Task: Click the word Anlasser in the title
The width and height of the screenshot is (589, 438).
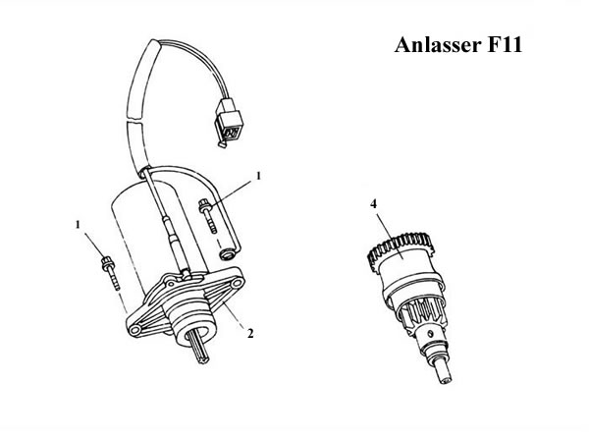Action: point(438,45)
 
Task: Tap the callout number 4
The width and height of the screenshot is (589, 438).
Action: point(373,204)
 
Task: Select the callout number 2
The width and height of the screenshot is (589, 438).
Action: point(250,333)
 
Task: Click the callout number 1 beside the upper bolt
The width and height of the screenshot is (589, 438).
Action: point(258,176)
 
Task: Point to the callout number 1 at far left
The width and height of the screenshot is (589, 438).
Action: point(78,225)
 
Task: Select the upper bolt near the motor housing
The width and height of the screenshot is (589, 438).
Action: point(207,216)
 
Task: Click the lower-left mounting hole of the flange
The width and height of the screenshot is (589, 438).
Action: point(134,330)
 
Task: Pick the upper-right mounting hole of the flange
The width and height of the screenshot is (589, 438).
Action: point(237,283)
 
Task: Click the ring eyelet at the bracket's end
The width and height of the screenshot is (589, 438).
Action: point(228,255)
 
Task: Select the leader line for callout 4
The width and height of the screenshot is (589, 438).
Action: point(391,234)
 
